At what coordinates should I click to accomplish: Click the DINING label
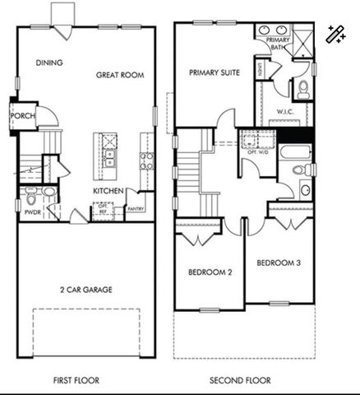(x=49, y=63)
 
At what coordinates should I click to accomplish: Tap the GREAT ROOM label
(x=120, y=75)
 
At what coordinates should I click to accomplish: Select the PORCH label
(x=22, y=116)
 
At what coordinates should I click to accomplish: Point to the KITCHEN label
(x=108, y=191)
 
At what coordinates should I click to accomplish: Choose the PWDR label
(x=33, y=211)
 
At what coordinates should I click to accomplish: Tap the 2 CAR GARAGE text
(x=85, y=290)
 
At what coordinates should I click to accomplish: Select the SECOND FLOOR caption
(x=240, y=381)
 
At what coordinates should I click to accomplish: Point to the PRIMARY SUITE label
(x=215, y=73)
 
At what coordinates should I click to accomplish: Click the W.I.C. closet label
(x=286, y=112)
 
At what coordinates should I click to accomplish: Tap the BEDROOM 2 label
(x=210, y=272)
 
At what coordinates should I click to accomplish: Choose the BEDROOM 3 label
(x=278, y=263)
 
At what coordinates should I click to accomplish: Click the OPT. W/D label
(x=257, y=151)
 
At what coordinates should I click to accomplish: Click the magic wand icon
(x=335, y=35)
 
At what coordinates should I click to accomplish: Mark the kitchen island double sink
(x=108, y=151)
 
